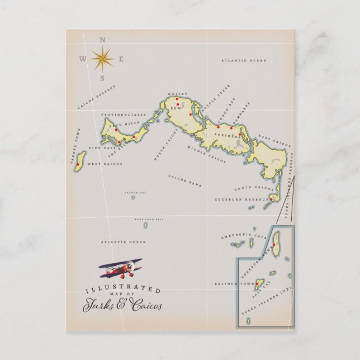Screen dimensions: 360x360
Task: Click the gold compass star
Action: [102, 58]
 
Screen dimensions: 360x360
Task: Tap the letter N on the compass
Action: [102, 39]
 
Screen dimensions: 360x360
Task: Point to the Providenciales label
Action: [124, 115]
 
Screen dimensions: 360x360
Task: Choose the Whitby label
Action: [177, 94]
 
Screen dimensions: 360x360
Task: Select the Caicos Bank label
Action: [184, 181]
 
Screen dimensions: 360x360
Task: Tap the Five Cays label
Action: [102, 148]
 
